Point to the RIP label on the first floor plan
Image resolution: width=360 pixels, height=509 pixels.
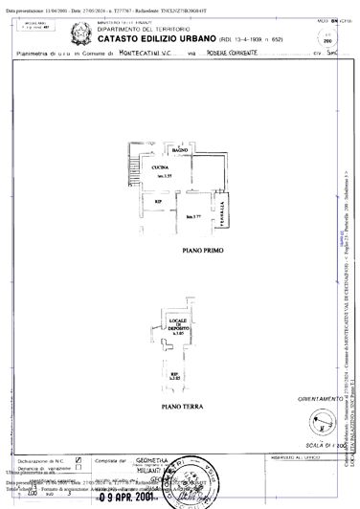(x=158, y=202)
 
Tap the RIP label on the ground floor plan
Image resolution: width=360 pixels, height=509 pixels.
(x=174, y=376)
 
